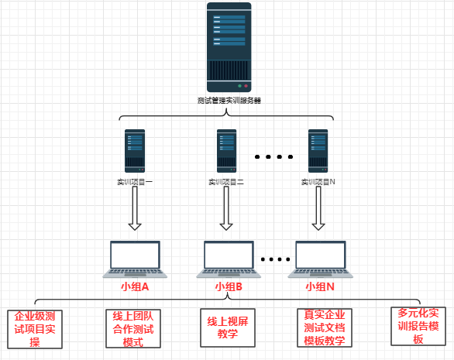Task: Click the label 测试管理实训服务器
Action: tap(229, 101)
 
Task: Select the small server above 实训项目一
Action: tap(135, 150)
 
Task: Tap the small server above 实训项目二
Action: tap(226, 150)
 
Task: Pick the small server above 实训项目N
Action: tap(318, 150)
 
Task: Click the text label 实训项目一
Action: tap(135, 183)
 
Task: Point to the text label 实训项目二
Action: tap(226, 183)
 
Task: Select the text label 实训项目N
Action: tap(318, 183)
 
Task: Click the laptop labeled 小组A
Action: tap(135, 259)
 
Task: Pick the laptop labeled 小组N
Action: tap(320, 259)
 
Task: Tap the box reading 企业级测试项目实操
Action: tap(34, 329)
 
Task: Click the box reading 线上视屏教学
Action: tap(227, 328)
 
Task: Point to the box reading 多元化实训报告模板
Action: tap(418, 326)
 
